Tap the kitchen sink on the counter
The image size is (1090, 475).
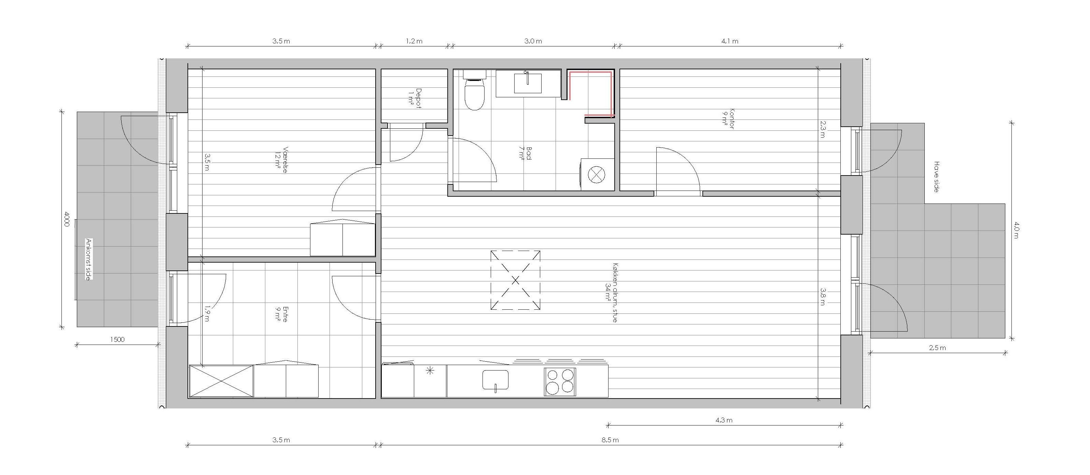(x=495, y=380)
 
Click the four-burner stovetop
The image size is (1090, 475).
(x=560, y=381)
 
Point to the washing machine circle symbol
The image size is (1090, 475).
(x=598, y=174)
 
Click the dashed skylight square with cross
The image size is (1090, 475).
(x=515, y=280)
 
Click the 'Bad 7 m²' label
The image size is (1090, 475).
(x=525, y=154)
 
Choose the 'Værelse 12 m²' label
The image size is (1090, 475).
(x=281, y=160)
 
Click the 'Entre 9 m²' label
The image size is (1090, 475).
(x=281, y=314)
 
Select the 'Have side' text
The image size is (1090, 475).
(x=936, y=177)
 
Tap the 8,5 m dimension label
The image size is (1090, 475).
(x=610, y=440)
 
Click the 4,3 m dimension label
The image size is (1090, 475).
(x=724, y=420)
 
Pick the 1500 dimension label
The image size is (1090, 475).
(x=117, y=339)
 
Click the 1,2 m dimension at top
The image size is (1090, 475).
(x=414, y=41)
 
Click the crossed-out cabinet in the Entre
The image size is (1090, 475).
(x=221, y=381)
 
